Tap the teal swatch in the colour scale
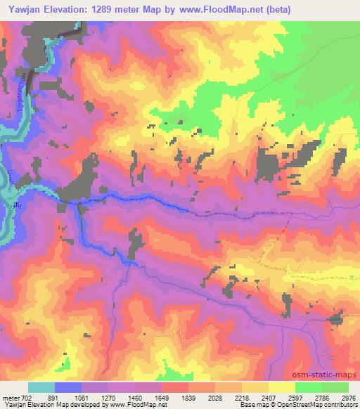click(x=41, y=387)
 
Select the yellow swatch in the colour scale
click(x=282, y=387)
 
